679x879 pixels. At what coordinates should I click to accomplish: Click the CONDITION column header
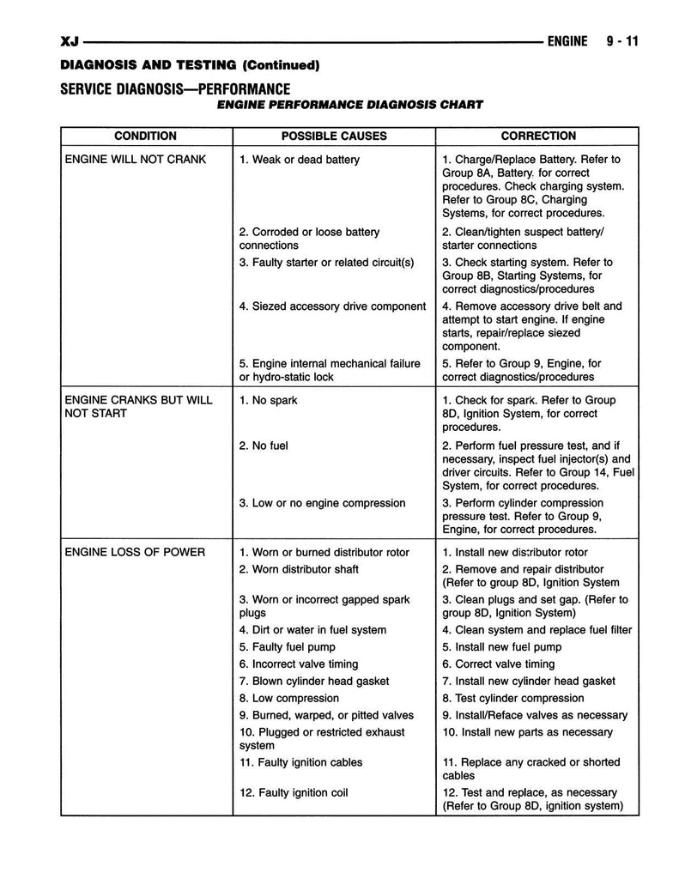click(145, 136)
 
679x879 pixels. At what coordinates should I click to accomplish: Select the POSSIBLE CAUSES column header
click(334, 136)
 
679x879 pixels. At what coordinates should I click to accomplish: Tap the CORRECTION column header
click(538, 136)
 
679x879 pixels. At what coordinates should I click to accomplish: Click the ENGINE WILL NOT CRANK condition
click(136, 160)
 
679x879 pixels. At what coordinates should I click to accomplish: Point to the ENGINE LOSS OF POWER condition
click(135, 552)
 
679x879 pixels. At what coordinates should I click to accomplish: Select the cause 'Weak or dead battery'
click(300, 160)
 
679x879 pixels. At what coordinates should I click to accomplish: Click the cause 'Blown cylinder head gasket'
click(314, 681)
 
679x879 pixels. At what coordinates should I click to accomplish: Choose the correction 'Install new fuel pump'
click(502, 647)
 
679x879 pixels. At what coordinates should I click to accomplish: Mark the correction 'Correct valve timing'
click(499, 664)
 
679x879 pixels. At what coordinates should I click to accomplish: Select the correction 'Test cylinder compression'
click(513, 698)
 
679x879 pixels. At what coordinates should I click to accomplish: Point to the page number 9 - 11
click(618, 41)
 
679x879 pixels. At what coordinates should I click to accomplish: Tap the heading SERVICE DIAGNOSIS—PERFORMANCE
click(175, 88)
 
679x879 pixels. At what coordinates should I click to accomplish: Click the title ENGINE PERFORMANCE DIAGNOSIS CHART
click(349, 106)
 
